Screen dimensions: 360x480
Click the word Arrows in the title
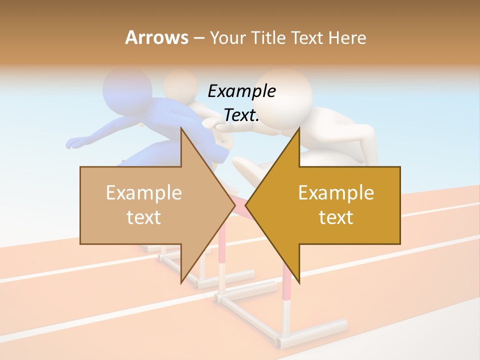[156, 37]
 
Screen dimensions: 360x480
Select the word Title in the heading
[266, 37]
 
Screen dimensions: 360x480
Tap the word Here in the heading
[347, 37]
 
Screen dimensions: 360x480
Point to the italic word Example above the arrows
[242, 91]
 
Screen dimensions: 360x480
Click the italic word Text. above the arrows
[242, 115]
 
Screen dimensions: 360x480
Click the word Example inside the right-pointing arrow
[144, 193]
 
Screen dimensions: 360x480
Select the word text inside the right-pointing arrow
[144, 217]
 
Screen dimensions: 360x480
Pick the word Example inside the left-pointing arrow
[336, 193]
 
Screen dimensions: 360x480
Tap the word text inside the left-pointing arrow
[336, 217]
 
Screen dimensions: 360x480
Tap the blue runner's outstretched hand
[75, 143]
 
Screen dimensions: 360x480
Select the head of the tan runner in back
[181, 85]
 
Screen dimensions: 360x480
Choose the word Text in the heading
[308, 37]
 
